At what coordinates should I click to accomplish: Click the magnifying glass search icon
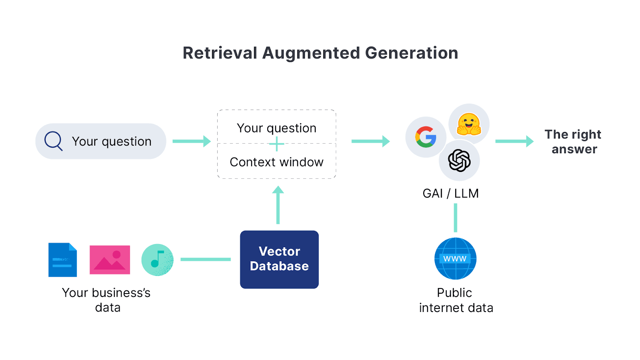[53, 141]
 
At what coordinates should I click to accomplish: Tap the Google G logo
[426, 137]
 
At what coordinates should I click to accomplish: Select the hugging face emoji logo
[469, 124]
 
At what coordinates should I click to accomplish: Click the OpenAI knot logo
[459, 160]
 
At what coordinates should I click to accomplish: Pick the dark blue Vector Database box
[279, 259]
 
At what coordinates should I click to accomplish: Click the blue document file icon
[62, 260]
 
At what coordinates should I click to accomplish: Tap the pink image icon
[110, 260]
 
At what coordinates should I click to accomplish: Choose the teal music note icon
[158, 260]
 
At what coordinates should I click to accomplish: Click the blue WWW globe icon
[455, 259]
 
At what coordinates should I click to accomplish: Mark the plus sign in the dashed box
[277, 144]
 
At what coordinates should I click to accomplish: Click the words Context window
[276, 162]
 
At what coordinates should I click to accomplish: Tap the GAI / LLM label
[450, 194]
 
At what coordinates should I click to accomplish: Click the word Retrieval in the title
[220, 53]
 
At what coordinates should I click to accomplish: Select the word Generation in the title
[412, 53]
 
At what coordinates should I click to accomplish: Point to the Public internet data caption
[456, 300]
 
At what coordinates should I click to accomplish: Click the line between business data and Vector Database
[206, 259]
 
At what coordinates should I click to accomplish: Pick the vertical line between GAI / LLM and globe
[455, 218]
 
